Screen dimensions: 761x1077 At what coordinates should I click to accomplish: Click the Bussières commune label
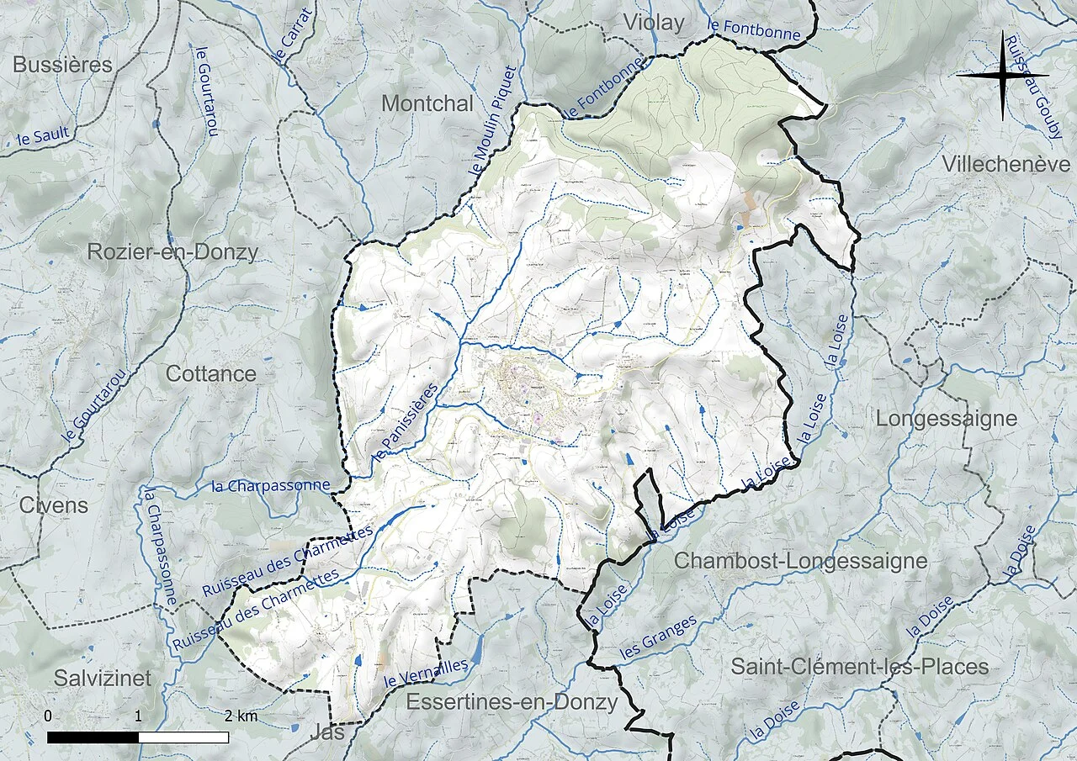(x=62, y=65)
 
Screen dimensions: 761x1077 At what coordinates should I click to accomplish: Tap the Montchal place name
(x=427, y=103)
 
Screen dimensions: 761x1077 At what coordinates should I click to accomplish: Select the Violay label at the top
(x=654, y=23)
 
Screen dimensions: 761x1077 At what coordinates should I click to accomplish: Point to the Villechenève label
(x=1006, y=164)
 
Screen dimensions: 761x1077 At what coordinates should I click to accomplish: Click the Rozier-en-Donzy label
(x=172, y=252)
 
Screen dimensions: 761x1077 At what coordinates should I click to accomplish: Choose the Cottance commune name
(x=211, y=374)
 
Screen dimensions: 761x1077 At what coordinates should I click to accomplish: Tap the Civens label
(x=53, y=505)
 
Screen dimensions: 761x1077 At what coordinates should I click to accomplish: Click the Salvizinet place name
(x=103, y=678)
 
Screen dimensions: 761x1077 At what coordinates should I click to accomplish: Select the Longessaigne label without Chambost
(x=947, y=418)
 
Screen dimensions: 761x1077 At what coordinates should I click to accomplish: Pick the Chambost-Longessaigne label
(x=801, y=561)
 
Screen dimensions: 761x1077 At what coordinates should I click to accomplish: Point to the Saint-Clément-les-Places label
(x=859, y=667)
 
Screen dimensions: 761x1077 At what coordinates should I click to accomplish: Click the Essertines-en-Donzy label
(x=512, y=702)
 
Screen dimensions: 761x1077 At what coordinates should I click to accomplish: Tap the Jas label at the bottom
(x=327, y=732)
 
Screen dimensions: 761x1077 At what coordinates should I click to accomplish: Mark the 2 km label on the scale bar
(x=241, y=717)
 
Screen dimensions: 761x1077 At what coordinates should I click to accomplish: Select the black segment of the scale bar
(x=93, y=737)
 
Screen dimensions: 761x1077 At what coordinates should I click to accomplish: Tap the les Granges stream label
(x=658, y=637)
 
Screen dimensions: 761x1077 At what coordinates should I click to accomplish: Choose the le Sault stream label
(x=42, y=137)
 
